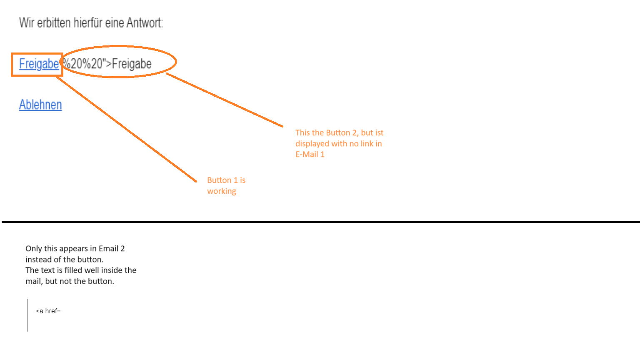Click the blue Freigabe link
coord(39,64)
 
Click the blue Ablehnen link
coord(40,105)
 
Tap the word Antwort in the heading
coord(144,23)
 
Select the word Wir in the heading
coord(26,23)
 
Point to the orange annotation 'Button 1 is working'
coord(226,185)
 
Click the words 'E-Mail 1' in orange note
coord(310,155)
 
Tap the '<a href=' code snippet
coord(48,311)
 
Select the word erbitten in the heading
coord(54,23)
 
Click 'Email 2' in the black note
coord(112,249)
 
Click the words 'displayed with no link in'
coord(338,144)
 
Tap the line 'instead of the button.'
coord(64,260)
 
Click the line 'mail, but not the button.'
coord(70,281)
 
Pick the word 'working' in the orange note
coord(222,191)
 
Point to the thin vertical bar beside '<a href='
coord(27,315)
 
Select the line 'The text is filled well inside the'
coord(81,270)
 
